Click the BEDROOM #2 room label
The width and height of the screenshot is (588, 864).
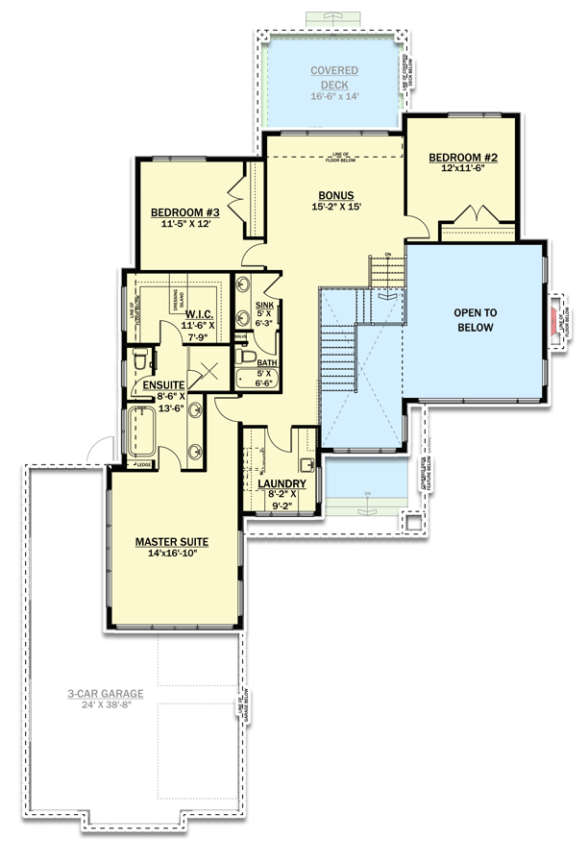pos(462,157)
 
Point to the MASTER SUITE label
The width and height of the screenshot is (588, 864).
pos(172,541)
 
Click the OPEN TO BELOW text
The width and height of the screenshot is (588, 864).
pos(475,320)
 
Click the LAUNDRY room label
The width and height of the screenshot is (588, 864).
pos(282,483)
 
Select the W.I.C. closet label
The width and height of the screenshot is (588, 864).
pos(198,314)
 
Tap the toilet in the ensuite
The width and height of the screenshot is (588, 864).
pos(140,361)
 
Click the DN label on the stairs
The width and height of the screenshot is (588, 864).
pos(387,255)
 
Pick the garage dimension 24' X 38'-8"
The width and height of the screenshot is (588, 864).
pos(106,705)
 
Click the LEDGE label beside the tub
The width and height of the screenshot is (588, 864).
pos(144,466)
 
